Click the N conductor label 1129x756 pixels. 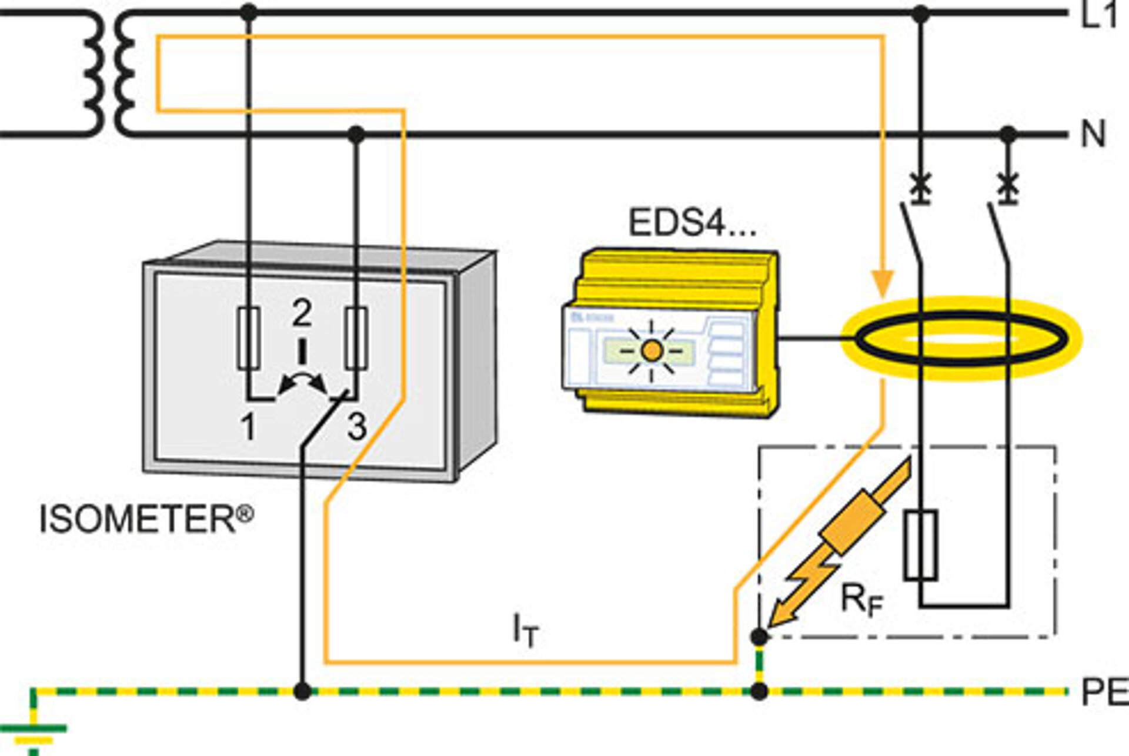pyautogui.click(x=1093, y=135)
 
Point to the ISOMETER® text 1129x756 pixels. pyautogui.click(x=146, y=520)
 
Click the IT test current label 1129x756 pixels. pyautogui.click(x=525, y=630)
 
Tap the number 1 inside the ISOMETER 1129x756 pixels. pyautogui.click(x=249, y=427)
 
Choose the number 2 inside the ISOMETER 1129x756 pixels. pyautogui.click(x=302, y=313)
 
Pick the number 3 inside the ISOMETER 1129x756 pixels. pyautogui.click(x=357, y=427)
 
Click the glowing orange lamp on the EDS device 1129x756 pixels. pyautogui.click(x=652, y=351)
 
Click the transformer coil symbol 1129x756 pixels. pyautogui.click(x=109, y=73)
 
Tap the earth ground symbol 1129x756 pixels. pyautogui.click(x=34, y=735)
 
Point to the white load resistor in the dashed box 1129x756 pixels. pyautogui.click(x=920, y=546)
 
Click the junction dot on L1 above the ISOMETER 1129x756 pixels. pyautogui.click(x=249, y=12)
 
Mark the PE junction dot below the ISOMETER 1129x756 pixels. pyautogui.click(x=302, y=691)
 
